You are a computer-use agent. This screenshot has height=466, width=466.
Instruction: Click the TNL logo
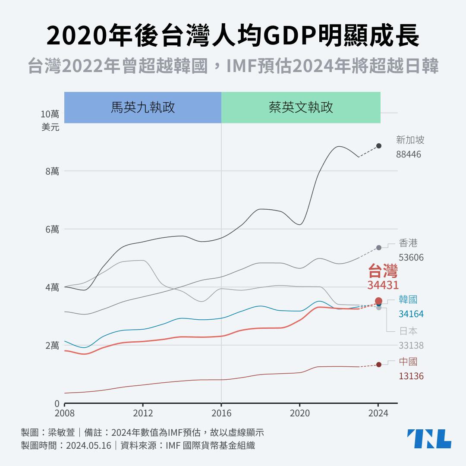[x=429, y=439]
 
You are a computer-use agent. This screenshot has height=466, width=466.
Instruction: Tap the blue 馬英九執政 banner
[x=143, y=107]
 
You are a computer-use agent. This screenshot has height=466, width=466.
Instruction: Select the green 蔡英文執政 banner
[x=301, y=107]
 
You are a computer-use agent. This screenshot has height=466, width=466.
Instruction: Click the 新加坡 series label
[x=410, y=140]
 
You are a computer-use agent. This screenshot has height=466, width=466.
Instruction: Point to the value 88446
[x=408, y=154]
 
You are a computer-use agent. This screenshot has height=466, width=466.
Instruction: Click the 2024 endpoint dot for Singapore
[x=379, y=146]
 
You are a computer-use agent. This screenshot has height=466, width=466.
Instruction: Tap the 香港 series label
[x=408, y=243]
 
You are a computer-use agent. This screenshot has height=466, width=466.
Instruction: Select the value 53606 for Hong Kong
[x=411, y=258]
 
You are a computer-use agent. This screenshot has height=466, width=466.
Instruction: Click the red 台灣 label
[x=383, y=271]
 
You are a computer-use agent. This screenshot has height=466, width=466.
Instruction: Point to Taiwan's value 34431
[x=383, y=285]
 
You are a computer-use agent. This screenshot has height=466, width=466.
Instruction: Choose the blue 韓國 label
[x=408, y=299]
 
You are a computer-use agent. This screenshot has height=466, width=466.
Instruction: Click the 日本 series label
[x=408, y=331]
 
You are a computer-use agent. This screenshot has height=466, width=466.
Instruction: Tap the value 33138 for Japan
[x=411, y=346]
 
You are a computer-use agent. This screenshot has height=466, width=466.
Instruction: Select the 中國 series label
[x=408, y=362]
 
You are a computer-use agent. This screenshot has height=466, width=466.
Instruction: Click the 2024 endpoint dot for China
[x=379, y=365]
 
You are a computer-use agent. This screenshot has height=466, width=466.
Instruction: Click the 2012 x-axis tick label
[x=143, y=413]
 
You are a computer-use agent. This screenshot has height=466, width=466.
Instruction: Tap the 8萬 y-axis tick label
[x=52, y=171]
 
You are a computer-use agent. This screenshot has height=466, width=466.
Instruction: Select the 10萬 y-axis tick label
[x=50, y=114]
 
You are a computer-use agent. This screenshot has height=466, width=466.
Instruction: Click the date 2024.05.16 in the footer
[x=88, y=445]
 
